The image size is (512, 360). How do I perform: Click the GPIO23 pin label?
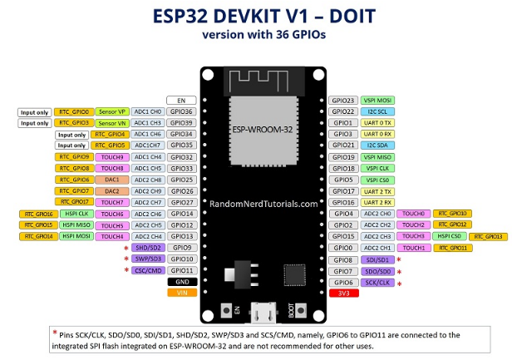click(x=343, y=100)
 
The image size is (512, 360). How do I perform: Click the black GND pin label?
click(x=180, y=281)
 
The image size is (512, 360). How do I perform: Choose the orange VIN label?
click(x=180, y=292)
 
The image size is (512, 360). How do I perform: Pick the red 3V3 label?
click(x=343, y=293)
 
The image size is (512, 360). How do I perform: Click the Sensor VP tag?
click(x=112, y=111)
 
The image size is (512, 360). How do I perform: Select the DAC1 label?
click(x=112, y=179)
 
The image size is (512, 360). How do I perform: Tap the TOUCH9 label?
click(x=112, y=156)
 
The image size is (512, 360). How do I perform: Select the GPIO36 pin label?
click(x=180, y=111)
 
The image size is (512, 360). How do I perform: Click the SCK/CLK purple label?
click(x=377, y=282)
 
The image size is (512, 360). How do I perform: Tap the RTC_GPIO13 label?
click(x=490, y=236)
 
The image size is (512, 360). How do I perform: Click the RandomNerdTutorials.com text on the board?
click(x=263, y=203)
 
